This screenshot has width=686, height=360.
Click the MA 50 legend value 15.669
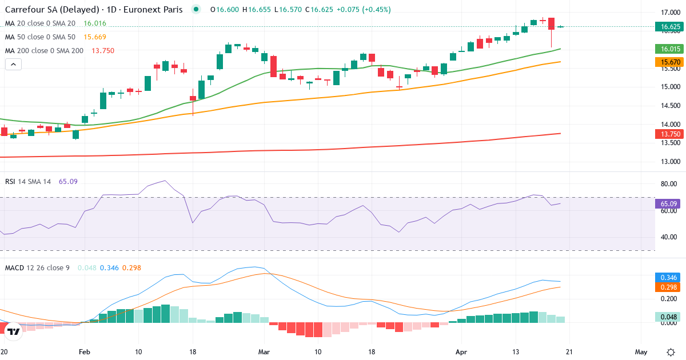click(95, 37)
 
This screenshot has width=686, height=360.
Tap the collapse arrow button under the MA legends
click(13, 65)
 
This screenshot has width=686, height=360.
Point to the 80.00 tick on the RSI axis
click(668, 184)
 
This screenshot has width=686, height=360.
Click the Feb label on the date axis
click(85, 351)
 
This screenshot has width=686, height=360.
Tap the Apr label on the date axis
click(461, 351)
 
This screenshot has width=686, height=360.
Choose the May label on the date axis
click(641, 351)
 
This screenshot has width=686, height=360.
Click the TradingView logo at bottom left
click(14, 331)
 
